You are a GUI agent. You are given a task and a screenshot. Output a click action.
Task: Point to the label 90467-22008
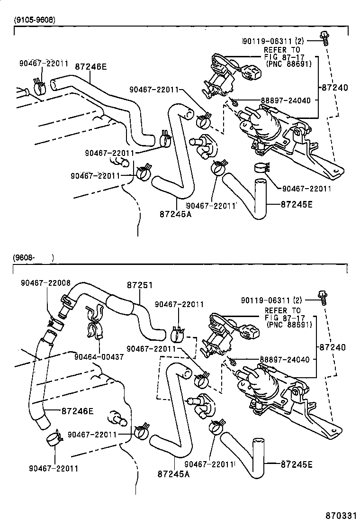(x=45, y=282)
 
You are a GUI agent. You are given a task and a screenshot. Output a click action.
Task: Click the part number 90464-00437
(x=99, y=356)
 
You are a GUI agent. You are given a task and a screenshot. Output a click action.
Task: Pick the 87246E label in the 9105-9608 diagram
(x=90, y=67)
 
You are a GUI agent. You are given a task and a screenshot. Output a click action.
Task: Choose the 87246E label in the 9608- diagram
(x=77, y=411)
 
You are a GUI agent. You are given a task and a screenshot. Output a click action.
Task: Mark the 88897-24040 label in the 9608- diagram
(x=285, y=360)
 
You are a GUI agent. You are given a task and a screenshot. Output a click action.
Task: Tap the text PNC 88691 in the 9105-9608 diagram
(x=288, y=64)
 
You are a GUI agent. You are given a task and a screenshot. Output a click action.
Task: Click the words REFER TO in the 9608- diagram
(x=282, y=311)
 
